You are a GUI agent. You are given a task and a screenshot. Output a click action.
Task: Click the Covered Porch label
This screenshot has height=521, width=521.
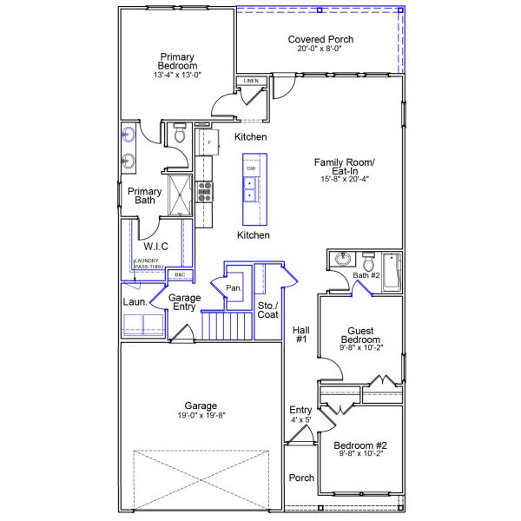tap(320, 39)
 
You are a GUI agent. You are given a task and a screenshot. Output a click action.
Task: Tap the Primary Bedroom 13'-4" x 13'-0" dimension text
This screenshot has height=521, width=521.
tap(177, 76)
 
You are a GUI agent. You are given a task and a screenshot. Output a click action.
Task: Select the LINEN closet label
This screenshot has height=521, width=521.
tap(251, 81)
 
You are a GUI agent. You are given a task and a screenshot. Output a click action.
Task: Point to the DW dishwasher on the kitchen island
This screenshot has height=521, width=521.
tap(251, 168)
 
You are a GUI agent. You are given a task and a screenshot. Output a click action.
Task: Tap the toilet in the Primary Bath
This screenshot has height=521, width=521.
tap(180, 135)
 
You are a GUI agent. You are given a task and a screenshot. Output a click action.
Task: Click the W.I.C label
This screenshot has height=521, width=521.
tap(155, 247)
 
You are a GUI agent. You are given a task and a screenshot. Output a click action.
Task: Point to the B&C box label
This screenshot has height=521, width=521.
tap(181, 275)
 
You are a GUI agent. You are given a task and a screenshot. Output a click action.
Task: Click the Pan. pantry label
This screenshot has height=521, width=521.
tap(233, 287)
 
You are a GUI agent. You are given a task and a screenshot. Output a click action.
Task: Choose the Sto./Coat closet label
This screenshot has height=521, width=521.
tap(267, 311)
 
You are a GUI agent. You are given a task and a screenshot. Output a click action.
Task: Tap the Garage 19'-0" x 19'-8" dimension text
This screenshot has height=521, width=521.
tap(201, 416)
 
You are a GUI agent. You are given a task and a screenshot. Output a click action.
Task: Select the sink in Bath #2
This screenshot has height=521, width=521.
tap(341, 260)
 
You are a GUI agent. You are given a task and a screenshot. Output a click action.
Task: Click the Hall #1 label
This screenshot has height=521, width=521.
tap(301, 334)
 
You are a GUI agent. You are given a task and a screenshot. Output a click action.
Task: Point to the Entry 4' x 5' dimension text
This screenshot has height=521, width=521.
tap(300, 420)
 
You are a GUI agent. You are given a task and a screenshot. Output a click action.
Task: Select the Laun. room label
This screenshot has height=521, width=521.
tap(133, 302)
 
